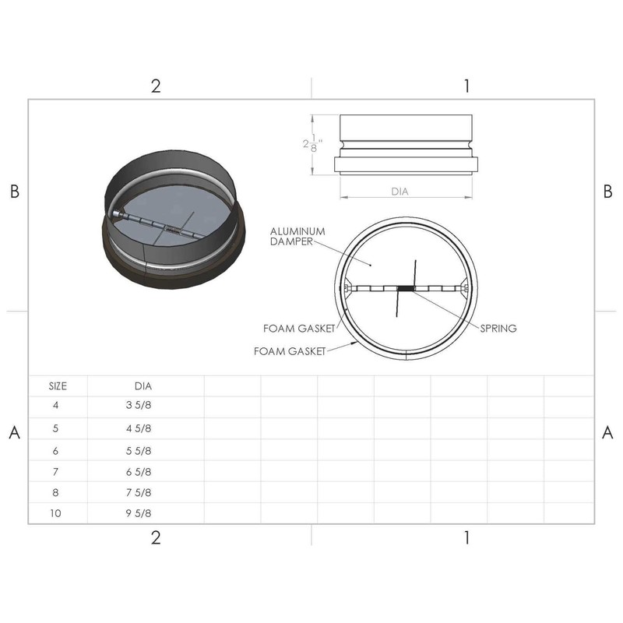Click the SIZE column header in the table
(x=58, y=385)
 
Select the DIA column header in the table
(x=143, y=385)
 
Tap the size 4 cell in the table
(x=55, y=406)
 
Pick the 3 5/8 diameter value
(x=139, y=406)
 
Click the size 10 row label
(x=55, y=513)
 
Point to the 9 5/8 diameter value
(x=139, y=513)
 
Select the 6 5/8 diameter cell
(x=139, y=471)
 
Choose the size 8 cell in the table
(x=55, y=492)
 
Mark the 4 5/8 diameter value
(x=139, y=428)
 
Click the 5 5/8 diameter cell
(x=139, y=450)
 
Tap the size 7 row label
(x=55, y=471)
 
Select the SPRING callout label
(x=498, y=329)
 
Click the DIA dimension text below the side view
(x=399, y=191)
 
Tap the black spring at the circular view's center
(x=406, y=288)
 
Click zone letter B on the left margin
(x=14, y=192)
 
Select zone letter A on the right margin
(x=607, y=434)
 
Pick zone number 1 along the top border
(x=466, y=86)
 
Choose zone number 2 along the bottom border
(x=156, y=538)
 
